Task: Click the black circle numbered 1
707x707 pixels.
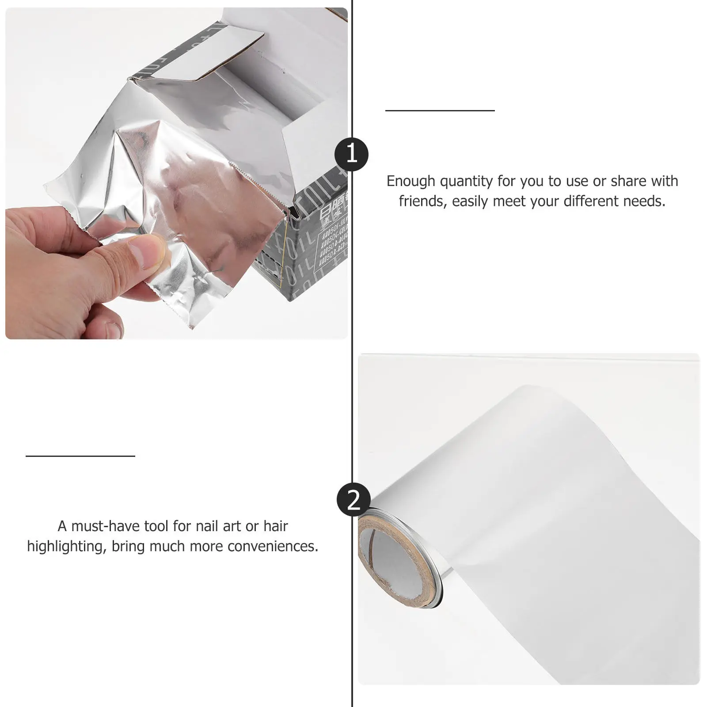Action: (x=351, y=154)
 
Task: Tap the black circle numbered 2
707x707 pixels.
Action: (x=353, y=499)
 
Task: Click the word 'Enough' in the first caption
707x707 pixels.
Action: (x=411, y=181)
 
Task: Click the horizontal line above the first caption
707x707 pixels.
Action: (x=440, y=110)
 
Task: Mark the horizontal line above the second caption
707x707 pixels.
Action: (x=80, y=456)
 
